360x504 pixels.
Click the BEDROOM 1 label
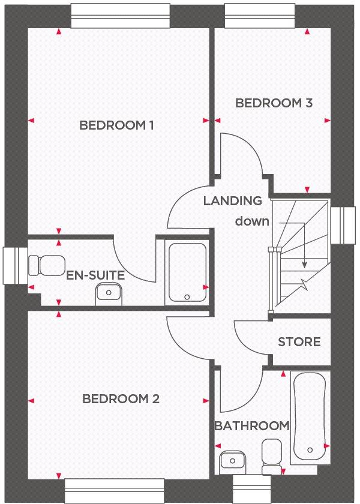pos(117,125)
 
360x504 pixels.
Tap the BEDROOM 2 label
pos(121,399)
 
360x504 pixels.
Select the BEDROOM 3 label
pos(274,103)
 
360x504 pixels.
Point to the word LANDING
pos(232,201)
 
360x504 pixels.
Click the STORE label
pos(299,342)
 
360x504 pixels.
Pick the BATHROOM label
pos(251,426)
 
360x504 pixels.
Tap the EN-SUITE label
pos(96,276)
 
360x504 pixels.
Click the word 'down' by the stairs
pos(252,221)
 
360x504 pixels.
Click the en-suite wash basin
pos(109,293)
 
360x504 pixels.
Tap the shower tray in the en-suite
pos(187,272)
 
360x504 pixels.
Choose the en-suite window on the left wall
pos(12,265)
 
